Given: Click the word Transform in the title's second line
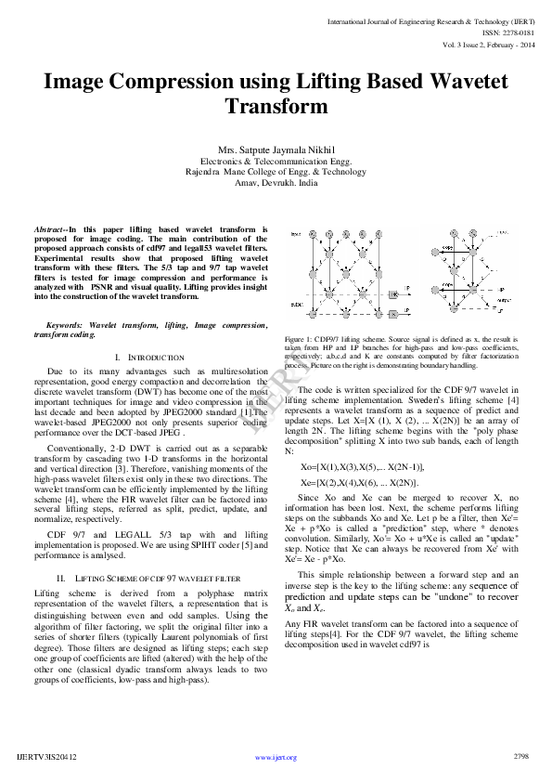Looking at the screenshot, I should [x=276, y=107].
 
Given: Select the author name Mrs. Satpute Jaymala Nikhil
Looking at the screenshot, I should [x=276, y=150].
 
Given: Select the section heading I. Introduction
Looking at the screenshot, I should [x=149, y=357].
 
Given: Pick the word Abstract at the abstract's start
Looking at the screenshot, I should [x=49, y=228].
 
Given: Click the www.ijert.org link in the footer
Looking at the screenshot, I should [x=276, y=758].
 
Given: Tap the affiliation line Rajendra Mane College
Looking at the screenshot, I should [x=276, y=172].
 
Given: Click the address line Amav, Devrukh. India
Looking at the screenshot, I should [x=276, y=183].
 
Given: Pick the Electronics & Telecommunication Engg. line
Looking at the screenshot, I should [x=276, y=161].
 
